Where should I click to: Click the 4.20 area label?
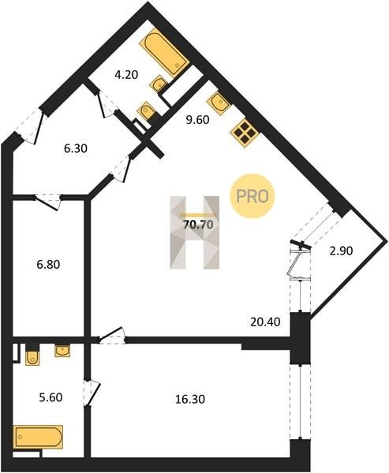point(126,75)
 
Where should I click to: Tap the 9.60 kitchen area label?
point(197,120)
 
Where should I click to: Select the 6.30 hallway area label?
point(76,148)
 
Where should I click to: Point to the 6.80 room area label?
point(48,265)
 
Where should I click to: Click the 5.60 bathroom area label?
point(50,397)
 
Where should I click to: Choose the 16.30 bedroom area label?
point(190,399)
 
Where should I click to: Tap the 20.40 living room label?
point(265,322)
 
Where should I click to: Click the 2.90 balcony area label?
point(342,251)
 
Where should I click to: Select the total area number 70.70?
point(198,225)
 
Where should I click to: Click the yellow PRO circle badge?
point(252,196)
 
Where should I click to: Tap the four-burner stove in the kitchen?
point(245,133)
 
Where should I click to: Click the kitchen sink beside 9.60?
point(219,102)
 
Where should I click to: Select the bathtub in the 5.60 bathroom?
point(38,437)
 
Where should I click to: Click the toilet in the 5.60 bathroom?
point(32,357)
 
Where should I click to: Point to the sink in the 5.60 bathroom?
point(62,351)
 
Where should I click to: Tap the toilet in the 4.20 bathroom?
point(147,110)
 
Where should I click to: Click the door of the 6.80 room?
point(47,202)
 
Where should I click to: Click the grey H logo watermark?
point(195,233)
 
